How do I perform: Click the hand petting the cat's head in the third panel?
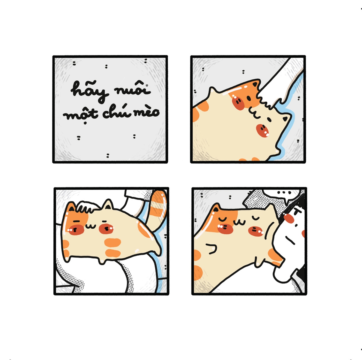pos(88,207)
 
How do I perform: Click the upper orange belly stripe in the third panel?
pos(113,242)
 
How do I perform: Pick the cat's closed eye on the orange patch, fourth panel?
pos(223,219)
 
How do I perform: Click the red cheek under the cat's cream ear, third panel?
pos(106,229)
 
